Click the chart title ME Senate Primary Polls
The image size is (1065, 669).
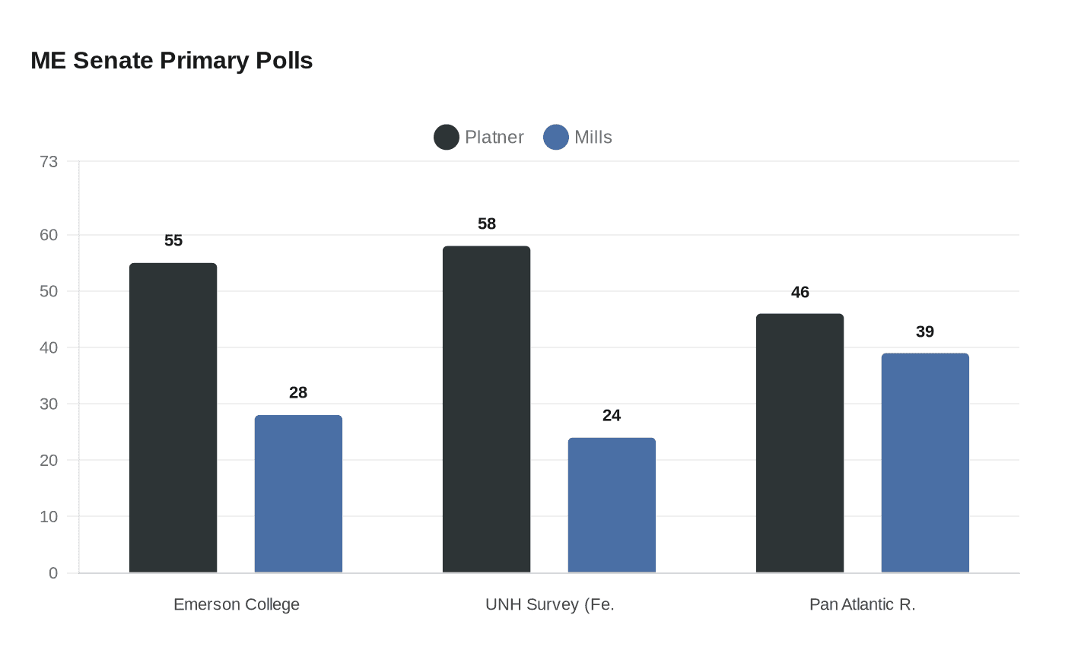coord(172,61)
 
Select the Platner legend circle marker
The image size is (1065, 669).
coord(447,138)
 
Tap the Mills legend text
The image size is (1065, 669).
coord(593,138)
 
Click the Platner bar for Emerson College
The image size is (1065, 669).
coord(173,418)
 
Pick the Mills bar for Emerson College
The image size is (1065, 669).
coord(298,494)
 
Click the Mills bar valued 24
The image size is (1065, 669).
coord(612,506)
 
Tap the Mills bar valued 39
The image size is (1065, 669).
coord(925,463)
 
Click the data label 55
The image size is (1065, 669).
coord(173,241)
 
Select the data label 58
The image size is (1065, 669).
coord(487,224)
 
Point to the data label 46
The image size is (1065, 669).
coord(800,293)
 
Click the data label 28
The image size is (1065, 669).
coord(298,393)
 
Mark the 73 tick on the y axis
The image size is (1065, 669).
coord(49,162)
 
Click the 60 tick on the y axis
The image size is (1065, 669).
coord(49,235)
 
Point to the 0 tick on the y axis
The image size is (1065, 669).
coord(53,573)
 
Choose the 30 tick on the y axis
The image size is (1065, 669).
coord(49,404)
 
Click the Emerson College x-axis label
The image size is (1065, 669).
coord(237,604)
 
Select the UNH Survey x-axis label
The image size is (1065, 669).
coord(550,604)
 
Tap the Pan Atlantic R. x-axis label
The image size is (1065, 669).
coord(863,604)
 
